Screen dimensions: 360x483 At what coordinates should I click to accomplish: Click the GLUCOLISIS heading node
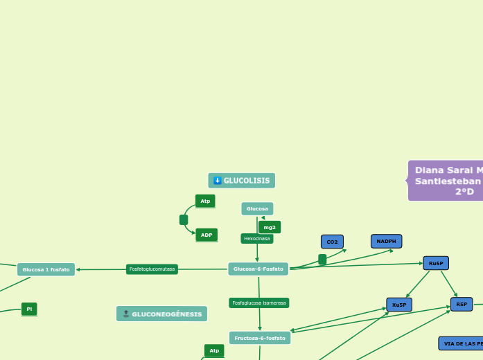point(242,181)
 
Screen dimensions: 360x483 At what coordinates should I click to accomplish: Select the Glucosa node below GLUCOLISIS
point(257,208)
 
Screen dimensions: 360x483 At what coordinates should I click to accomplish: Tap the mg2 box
point(270,227)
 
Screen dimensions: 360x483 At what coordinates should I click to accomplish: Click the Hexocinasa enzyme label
point(257,238)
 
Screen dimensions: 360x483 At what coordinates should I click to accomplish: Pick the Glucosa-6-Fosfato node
point(258,269)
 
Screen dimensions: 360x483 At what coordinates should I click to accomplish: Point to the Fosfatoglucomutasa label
point(152,269)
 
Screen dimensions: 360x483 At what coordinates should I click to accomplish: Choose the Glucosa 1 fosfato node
point(46,269)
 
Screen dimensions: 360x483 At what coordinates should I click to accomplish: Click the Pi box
point(29,309)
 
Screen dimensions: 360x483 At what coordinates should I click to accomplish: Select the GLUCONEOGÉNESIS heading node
point(161,314)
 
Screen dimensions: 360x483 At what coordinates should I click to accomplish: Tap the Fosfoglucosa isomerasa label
point(259,303)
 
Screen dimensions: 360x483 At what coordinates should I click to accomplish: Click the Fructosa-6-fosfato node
point(260,338)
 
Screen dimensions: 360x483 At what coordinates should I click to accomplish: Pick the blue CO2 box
point(332,242)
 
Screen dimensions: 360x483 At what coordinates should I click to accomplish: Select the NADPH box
point(386,241)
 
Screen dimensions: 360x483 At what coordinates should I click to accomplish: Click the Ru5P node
point(436,263)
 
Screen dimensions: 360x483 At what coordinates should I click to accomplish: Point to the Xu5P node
point(399,305)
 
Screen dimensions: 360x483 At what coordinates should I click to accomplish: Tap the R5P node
point(462,304)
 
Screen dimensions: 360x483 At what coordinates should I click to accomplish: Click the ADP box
point(207,235)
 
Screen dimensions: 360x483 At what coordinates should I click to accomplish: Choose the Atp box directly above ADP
point(205,201)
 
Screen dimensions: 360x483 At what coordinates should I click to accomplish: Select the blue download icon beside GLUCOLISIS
point(218,181)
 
